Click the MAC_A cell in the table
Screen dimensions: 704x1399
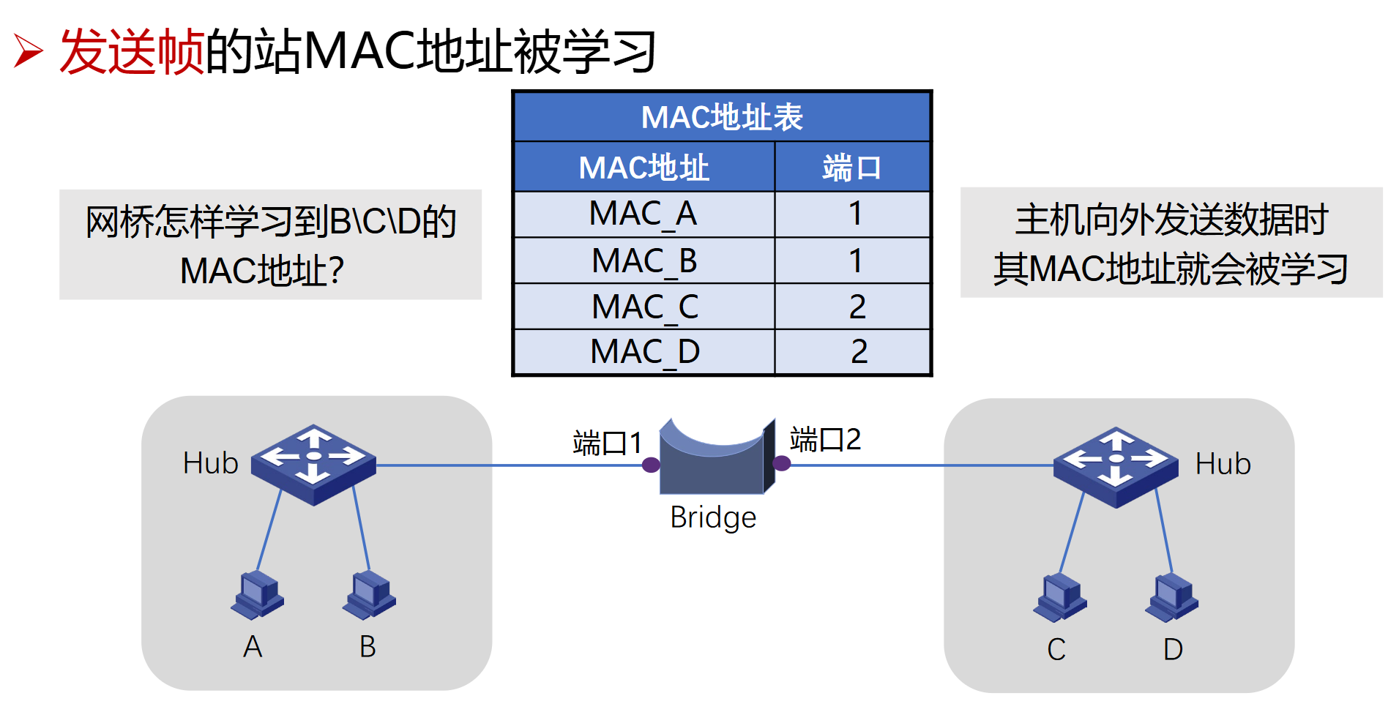click(x=643, y=214)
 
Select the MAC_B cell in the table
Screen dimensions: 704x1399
click(x=643, y=261)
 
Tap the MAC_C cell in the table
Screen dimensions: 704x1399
click(x=644, y=307)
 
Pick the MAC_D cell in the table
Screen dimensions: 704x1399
click(x=644, y=352)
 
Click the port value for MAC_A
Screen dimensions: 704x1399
click(x=854, y=214)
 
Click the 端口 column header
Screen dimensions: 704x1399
click(x=851, y=168)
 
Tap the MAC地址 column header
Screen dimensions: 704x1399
click(x=643, y=168)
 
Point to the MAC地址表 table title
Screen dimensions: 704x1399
click(x=722, y=117)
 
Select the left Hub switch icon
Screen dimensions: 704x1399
click(x=313, y=464)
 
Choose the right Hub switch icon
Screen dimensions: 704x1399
click(x=1116, y=466)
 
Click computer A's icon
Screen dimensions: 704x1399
click(x=258, y=594)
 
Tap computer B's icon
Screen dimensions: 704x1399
click(x=370, y=593)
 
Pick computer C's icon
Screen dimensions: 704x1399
click(x=1060, y=596)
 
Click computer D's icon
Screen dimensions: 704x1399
click(x=1172, y=597)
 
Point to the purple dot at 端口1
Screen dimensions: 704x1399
click(x=651, y=465)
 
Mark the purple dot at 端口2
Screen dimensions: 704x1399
click(x=782, y=463)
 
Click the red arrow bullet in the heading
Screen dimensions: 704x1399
click(x=29, y=52)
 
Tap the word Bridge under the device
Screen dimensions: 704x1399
click(x=713, y=517)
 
